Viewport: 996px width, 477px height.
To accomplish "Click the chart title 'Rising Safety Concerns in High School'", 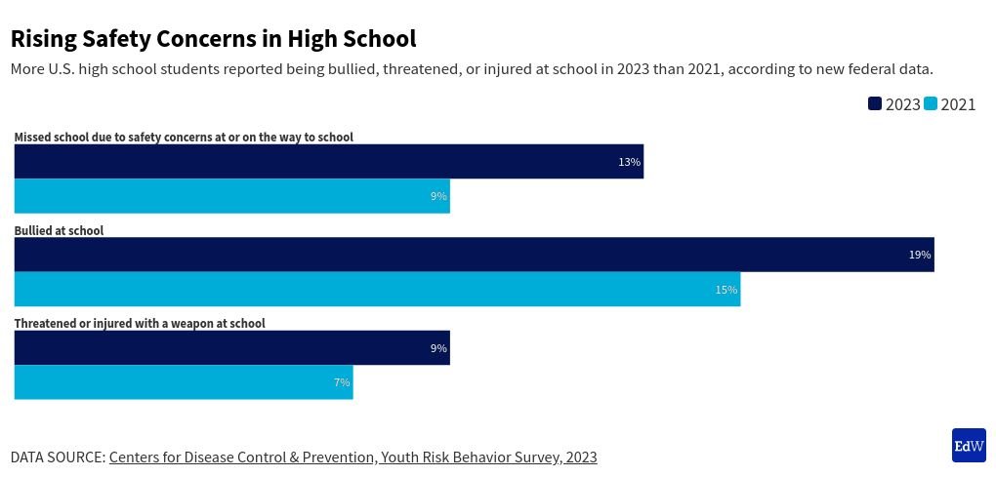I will pyautogui.click(x=213, y=39).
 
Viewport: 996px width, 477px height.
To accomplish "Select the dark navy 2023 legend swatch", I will pyautogui.click(x=875, y=103).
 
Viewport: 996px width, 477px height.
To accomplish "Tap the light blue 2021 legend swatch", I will pyautogui.click(x=931, y=103).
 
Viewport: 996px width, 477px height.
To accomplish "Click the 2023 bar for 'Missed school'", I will pyautogui.click(x=328, y=162).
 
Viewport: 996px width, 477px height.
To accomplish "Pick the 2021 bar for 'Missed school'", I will pyautogui.click(x=231, y=196).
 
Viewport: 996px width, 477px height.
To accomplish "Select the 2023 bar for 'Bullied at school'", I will pyautogui.click(x=474, y=255).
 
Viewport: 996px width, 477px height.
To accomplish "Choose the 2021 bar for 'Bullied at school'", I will pyautogui.click(x=377, y=289).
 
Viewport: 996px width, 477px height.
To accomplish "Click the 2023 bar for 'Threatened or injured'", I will pyautogui.click(x=231, y=348).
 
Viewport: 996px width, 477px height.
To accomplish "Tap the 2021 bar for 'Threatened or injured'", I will pyautogui.click(x=184, y=382).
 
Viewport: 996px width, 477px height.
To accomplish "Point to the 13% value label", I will pyautogui.click(x=629, y=162).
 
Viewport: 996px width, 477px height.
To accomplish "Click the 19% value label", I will pyautogui.click(x=920, y=255).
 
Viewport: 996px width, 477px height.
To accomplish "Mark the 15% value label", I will pyautogui.click(x=726, y=290).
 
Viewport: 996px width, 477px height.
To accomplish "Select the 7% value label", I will pyautogui.click(x=342, y=382).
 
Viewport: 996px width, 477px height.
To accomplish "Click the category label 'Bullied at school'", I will pyautogui.click(x=59, y=231).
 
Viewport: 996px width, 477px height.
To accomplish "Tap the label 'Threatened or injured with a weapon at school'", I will pyautogui.click(x=140, y=324).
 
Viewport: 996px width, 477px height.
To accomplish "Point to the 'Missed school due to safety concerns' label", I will pyautogui.click(x=184, y=138).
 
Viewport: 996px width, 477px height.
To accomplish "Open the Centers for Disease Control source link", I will pyautogui.click(x=353, y=457).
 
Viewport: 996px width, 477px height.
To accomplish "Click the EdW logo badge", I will pyautogui.click(x=969, y=445).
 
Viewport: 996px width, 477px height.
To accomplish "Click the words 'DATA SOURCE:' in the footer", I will pyautogui.click(x=58, y=457).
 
